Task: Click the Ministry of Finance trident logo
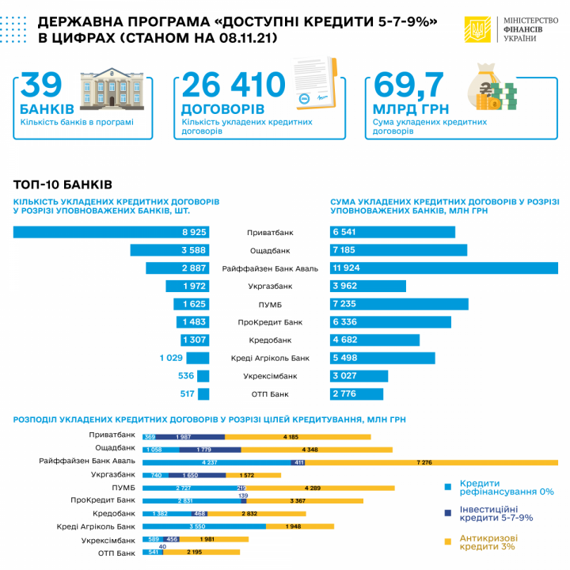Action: point(477,31)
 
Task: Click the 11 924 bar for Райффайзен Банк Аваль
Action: point(443,268)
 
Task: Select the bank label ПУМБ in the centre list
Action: point(270,305)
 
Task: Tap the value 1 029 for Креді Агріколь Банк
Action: point(172,358)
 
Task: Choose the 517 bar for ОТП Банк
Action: point(203,393)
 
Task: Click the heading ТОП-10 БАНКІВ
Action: point(63,184)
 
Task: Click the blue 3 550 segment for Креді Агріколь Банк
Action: point(204,526)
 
